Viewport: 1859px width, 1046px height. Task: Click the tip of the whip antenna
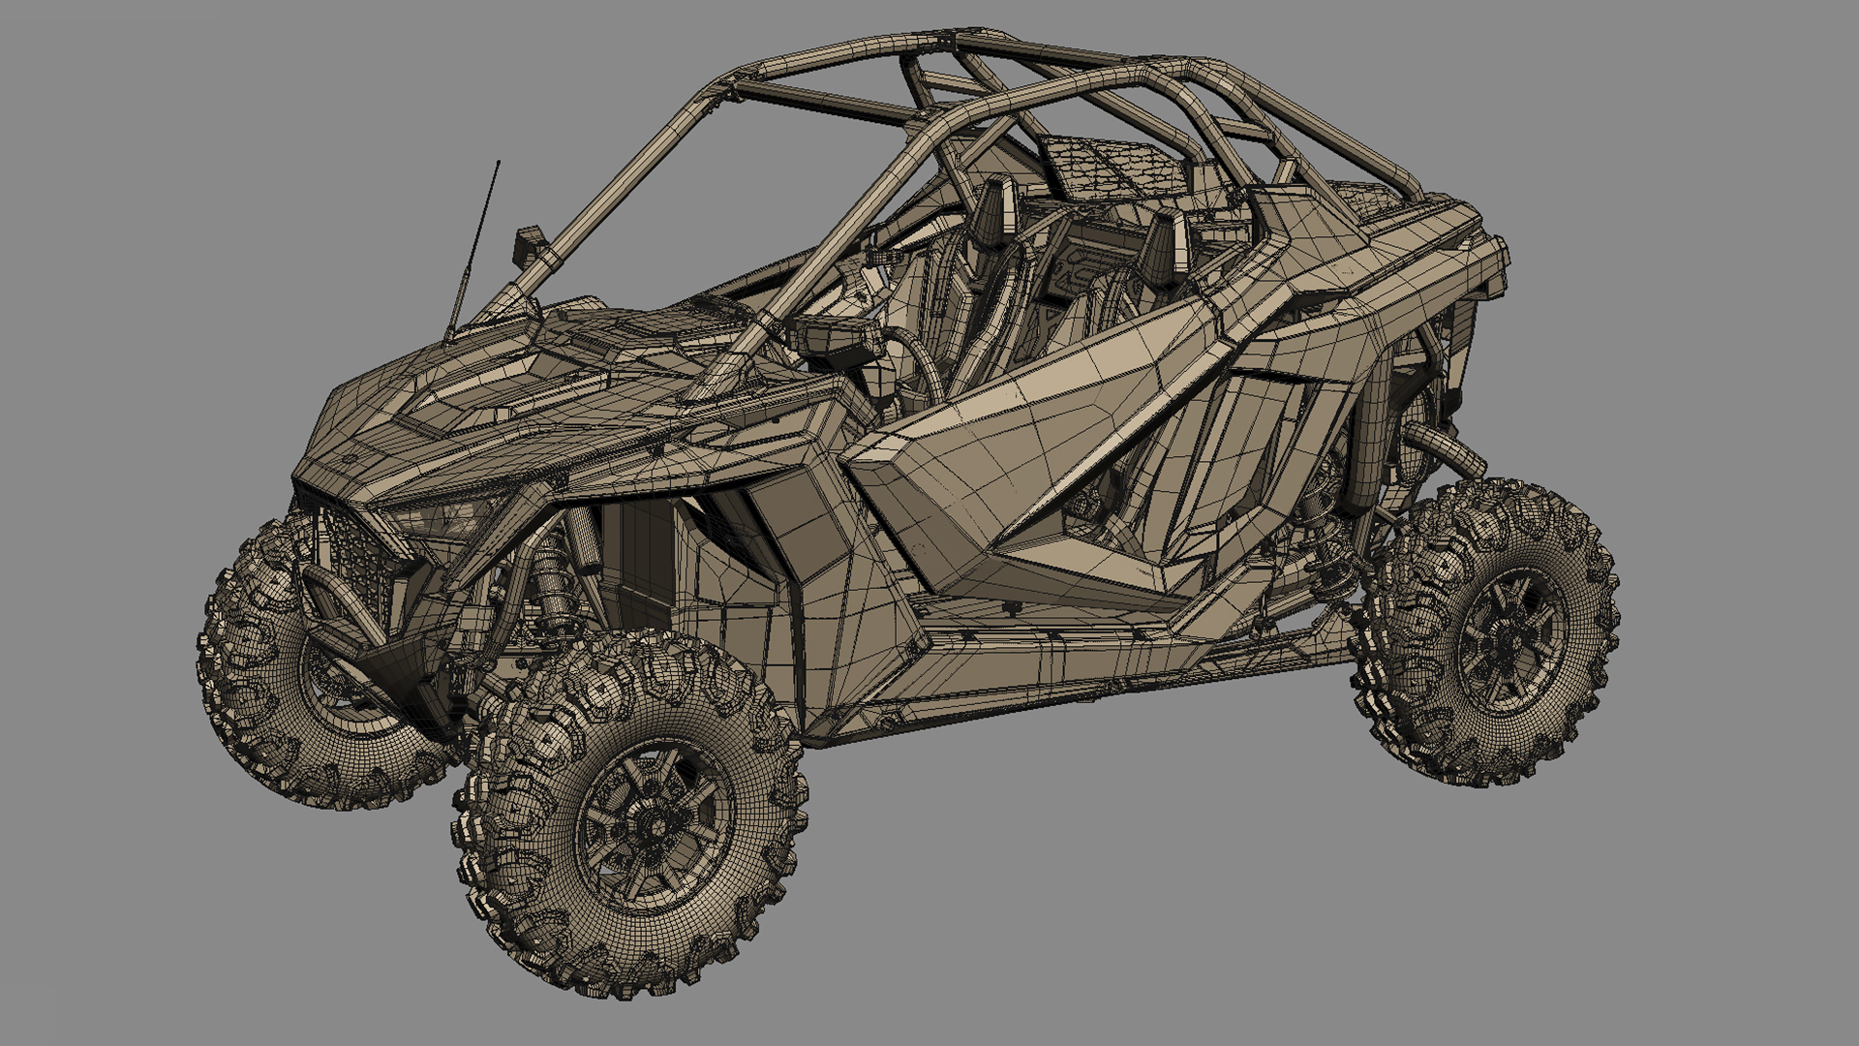(499, 162)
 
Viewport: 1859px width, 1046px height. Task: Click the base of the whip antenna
(450, 334)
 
